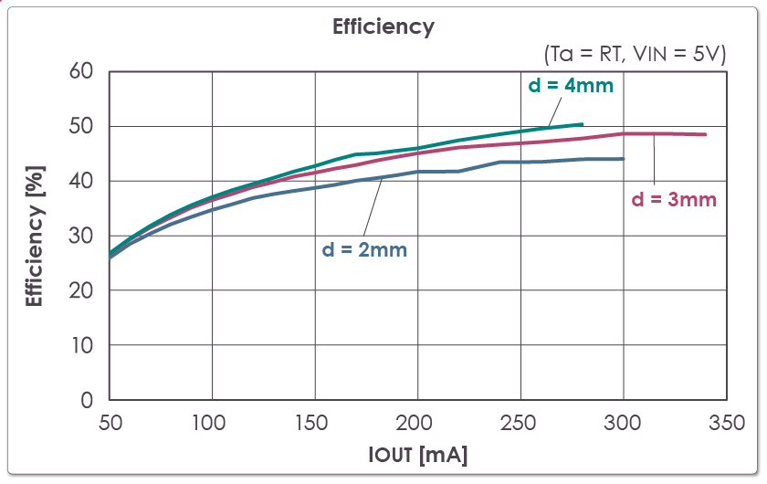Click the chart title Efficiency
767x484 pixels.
[383, 26]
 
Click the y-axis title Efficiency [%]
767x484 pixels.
[35, 236]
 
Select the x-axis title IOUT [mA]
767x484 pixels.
[418, 454]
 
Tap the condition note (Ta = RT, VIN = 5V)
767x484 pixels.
[636, 54]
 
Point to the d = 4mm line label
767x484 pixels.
[571, 86]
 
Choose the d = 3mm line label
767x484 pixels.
[674, 198]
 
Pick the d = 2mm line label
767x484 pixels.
[364, 248]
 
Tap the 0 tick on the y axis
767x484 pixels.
[88, 400]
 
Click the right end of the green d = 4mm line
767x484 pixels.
[582, 124]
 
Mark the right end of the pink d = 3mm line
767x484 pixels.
[705, 135]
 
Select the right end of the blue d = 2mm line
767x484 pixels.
[623, 159]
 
